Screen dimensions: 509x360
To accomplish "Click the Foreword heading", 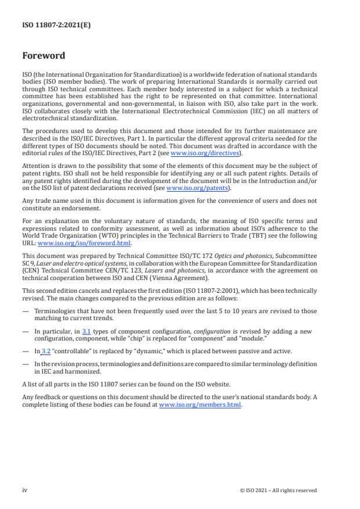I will click(44, 56).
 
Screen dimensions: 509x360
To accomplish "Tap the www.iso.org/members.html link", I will click(200, 404).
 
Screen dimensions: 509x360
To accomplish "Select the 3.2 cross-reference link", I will click(46, 350).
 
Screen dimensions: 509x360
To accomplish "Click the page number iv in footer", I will click(25, 490).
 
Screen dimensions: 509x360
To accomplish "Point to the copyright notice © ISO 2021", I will click(278, 490).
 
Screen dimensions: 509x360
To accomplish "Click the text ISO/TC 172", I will click(177, 256).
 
